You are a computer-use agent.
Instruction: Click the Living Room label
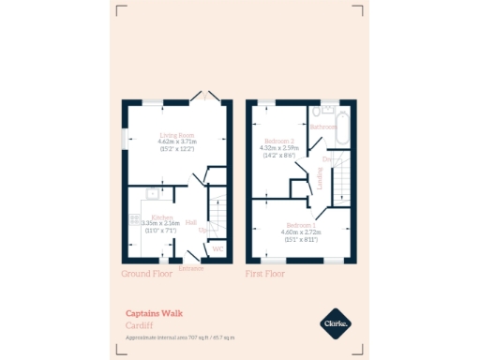coord(177,135)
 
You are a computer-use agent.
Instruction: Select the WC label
coord(217,249)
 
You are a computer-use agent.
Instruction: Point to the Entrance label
coord(191,268)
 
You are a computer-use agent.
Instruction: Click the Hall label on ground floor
coord(191,223)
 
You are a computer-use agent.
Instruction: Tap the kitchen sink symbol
coord(151,195)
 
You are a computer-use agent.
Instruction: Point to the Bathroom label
coord(324,127)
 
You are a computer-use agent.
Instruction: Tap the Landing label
coord(320,178)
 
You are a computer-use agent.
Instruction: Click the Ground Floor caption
coord(148,275)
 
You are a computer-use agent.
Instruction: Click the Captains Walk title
coord(154,314)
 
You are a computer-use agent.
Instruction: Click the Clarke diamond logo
coord(336,323)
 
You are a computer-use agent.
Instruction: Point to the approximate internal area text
coord(180,337)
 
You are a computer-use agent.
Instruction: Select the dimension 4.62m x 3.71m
coord(177,142)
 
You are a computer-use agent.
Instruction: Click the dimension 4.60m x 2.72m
coord(302,232)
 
